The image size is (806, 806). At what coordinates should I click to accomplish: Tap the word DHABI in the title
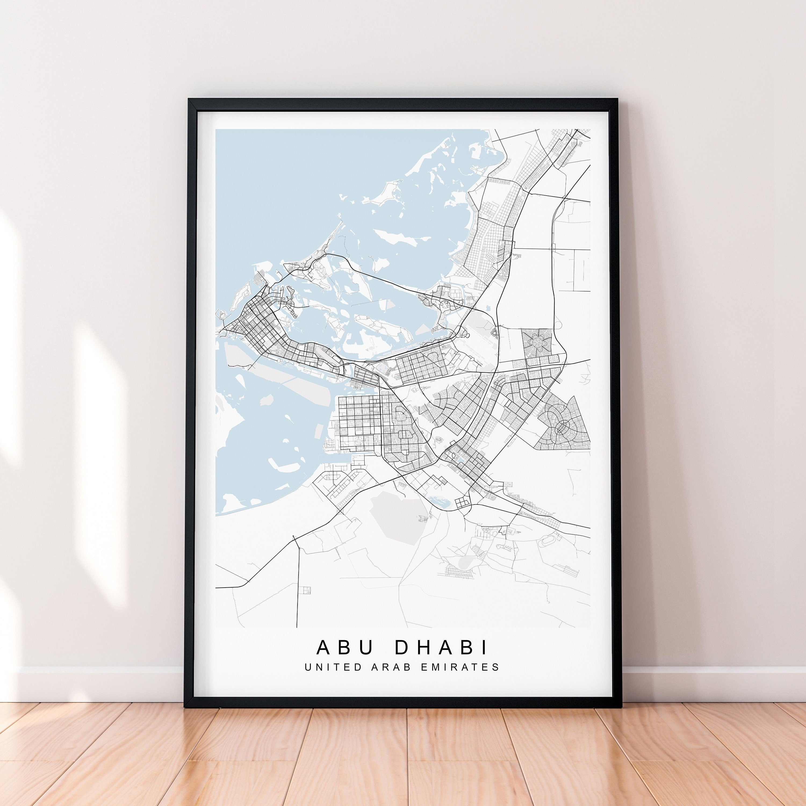(x=442, y=647)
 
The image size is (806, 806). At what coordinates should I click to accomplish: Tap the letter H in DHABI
(x=423, y=647)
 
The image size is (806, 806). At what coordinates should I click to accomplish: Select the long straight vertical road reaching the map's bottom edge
(x=297, y=592)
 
